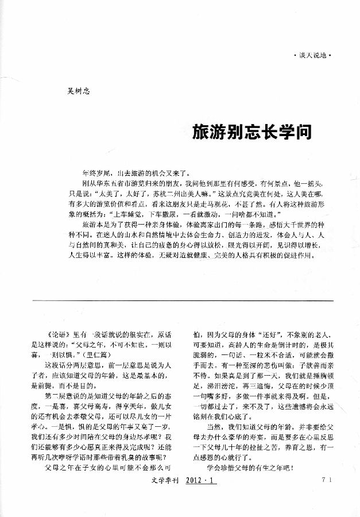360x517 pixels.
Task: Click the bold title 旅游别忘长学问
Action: coord(252,133)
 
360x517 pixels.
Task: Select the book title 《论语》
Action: coord(58,334)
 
